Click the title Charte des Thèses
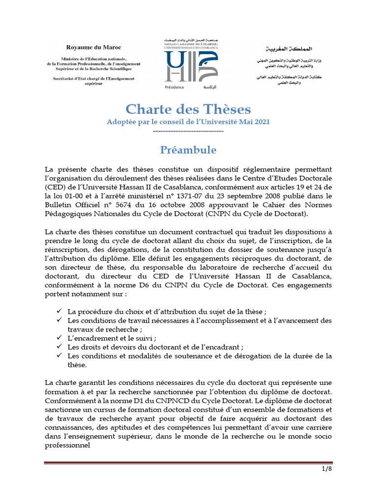[188, 109]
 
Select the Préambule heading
[188, 149]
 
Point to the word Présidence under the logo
[175, 87]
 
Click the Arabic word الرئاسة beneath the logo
[206, 87]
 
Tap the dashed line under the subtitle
[188, 131]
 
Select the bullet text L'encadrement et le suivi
[112, 338]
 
